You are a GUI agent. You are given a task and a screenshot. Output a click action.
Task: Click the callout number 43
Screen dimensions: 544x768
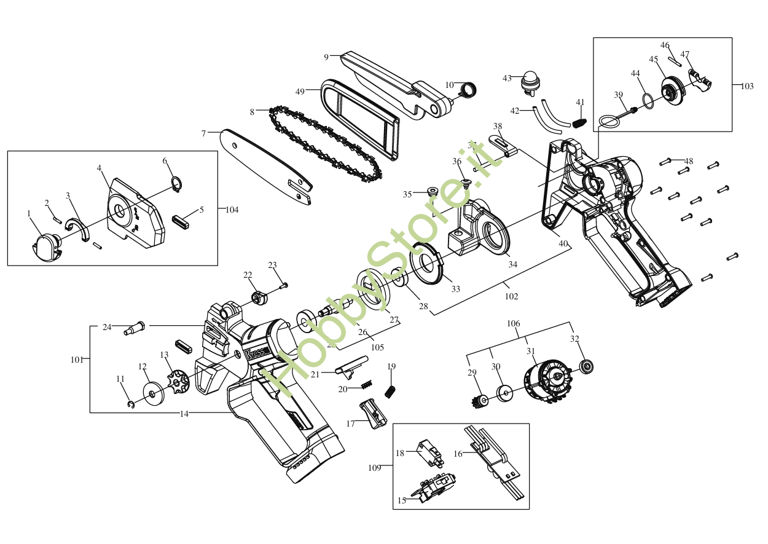(x=507, y=78)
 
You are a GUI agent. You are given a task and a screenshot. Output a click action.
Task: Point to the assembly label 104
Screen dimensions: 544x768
(x=232, y=210)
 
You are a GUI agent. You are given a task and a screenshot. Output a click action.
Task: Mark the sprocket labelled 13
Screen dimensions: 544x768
(x=178, y=381)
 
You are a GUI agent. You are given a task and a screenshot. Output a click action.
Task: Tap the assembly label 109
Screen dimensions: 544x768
(x=375, y=468)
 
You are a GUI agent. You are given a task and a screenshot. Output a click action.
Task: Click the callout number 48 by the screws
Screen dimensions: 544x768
(x=689, y=162)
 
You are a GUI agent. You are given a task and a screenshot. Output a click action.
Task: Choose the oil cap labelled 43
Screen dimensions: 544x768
(x=530, y=82)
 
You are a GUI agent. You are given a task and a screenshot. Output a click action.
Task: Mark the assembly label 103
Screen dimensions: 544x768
(x=746, y=87)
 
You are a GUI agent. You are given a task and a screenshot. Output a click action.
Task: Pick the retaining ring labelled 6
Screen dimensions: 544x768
(x=176, y=184)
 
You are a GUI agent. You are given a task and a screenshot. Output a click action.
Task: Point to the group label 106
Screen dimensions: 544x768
(x=513, y=323)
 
